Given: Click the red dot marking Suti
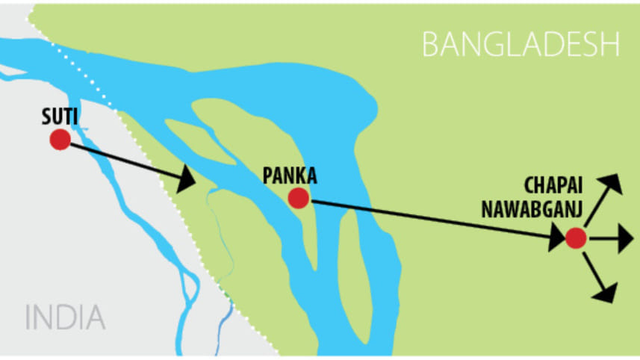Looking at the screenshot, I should (60, 140).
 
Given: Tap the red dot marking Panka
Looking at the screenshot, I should (299, 198).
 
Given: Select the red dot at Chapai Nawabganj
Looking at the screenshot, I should (575, 238).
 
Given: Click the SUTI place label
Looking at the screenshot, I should (60, 117).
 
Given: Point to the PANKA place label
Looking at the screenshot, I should (290, 176).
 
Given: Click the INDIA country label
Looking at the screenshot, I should (65, 317).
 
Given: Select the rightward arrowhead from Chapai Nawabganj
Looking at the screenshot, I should (624, 239).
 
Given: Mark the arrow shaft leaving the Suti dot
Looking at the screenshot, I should (119, 158).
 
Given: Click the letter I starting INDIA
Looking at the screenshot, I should (29, 317).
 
